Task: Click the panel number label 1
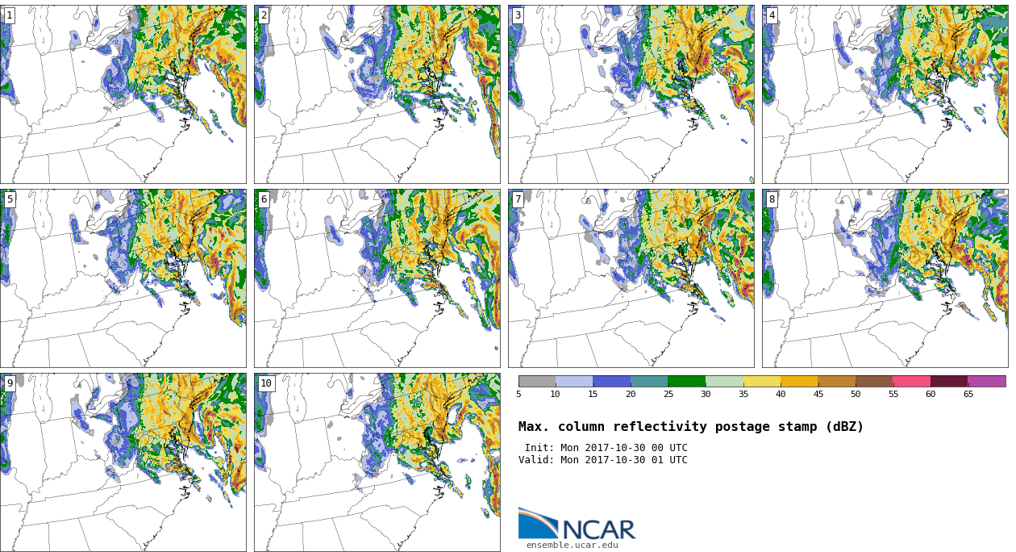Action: [9, 16]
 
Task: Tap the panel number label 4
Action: [771, 16]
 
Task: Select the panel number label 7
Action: [517, 200]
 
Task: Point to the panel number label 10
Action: [266, 383]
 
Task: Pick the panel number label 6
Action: [263, 200]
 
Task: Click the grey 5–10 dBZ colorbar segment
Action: [537, 381]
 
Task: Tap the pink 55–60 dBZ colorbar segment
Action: [912, 381]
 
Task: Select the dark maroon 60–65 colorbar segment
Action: [949, 381]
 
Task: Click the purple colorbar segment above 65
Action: [987, 381]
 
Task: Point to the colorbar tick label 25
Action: [668, 394]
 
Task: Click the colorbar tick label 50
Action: [856, 394]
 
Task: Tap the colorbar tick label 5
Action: [519, 394]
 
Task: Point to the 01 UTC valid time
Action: [669, 460]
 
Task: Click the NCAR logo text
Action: [599, 529]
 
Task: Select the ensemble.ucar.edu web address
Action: [573, 546]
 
